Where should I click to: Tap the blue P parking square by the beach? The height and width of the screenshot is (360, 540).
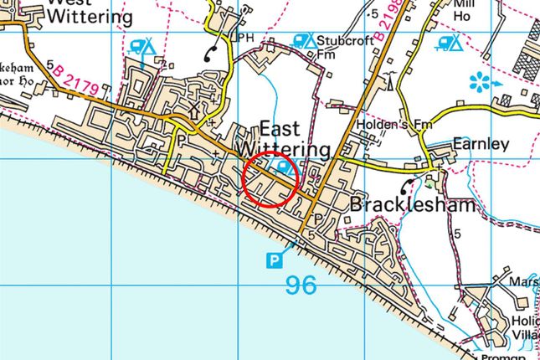(x=274, y=261)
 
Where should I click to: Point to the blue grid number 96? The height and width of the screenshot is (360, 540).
(x=300, y=285)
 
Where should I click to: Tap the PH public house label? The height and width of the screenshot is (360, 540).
(x=245, y=38)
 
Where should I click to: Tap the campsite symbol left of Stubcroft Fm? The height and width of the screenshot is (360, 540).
(x=302, y=39)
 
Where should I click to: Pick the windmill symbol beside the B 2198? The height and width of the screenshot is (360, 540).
(x=389, y=80)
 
